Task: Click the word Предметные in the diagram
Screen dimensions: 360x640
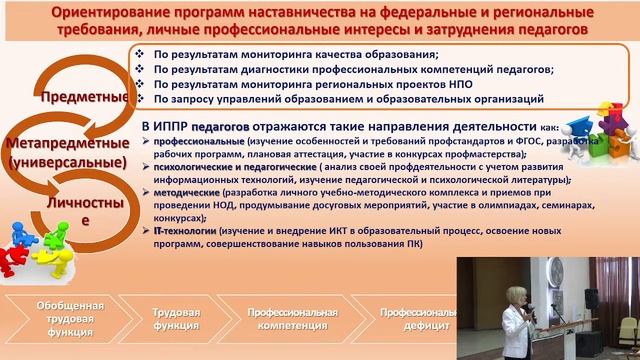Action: tap(83, 97)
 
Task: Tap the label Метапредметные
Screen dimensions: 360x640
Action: tap(66, 142)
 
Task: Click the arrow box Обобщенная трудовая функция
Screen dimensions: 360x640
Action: tap(66, 318)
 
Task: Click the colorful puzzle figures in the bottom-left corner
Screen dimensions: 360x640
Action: tap(40, 245)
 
